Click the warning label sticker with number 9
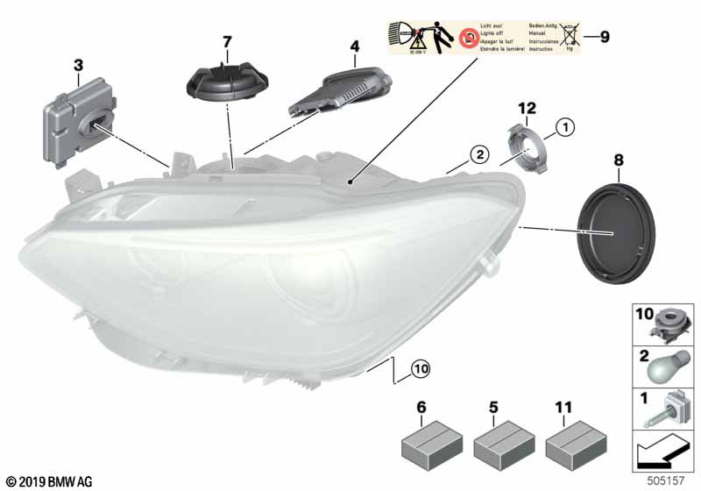pos(481,37)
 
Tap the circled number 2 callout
pos(478,156)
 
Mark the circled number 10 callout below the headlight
pos(420,370)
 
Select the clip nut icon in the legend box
pos(669,324)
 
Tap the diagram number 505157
pos(669,481)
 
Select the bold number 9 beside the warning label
pos(603,37)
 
